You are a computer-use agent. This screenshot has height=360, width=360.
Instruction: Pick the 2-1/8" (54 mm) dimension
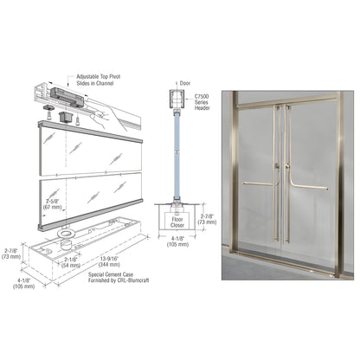point(68,260)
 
